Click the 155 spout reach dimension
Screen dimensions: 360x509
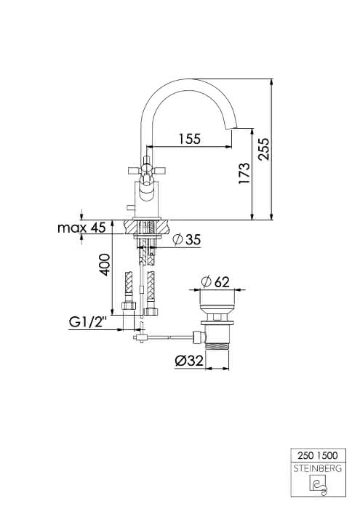coord(190,139)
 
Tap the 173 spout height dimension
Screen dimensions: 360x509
coord(244,173)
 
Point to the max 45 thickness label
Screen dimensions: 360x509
coord(81,228)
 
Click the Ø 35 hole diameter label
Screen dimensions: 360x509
coord(187,239)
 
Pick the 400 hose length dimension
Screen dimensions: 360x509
coord(105,265)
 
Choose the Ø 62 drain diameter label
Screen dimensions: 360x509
coord(215,281)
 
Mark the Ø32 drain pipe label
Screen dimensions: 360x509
coord(189,361)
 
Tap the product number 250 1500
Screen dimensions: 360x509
coord(318,455)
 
